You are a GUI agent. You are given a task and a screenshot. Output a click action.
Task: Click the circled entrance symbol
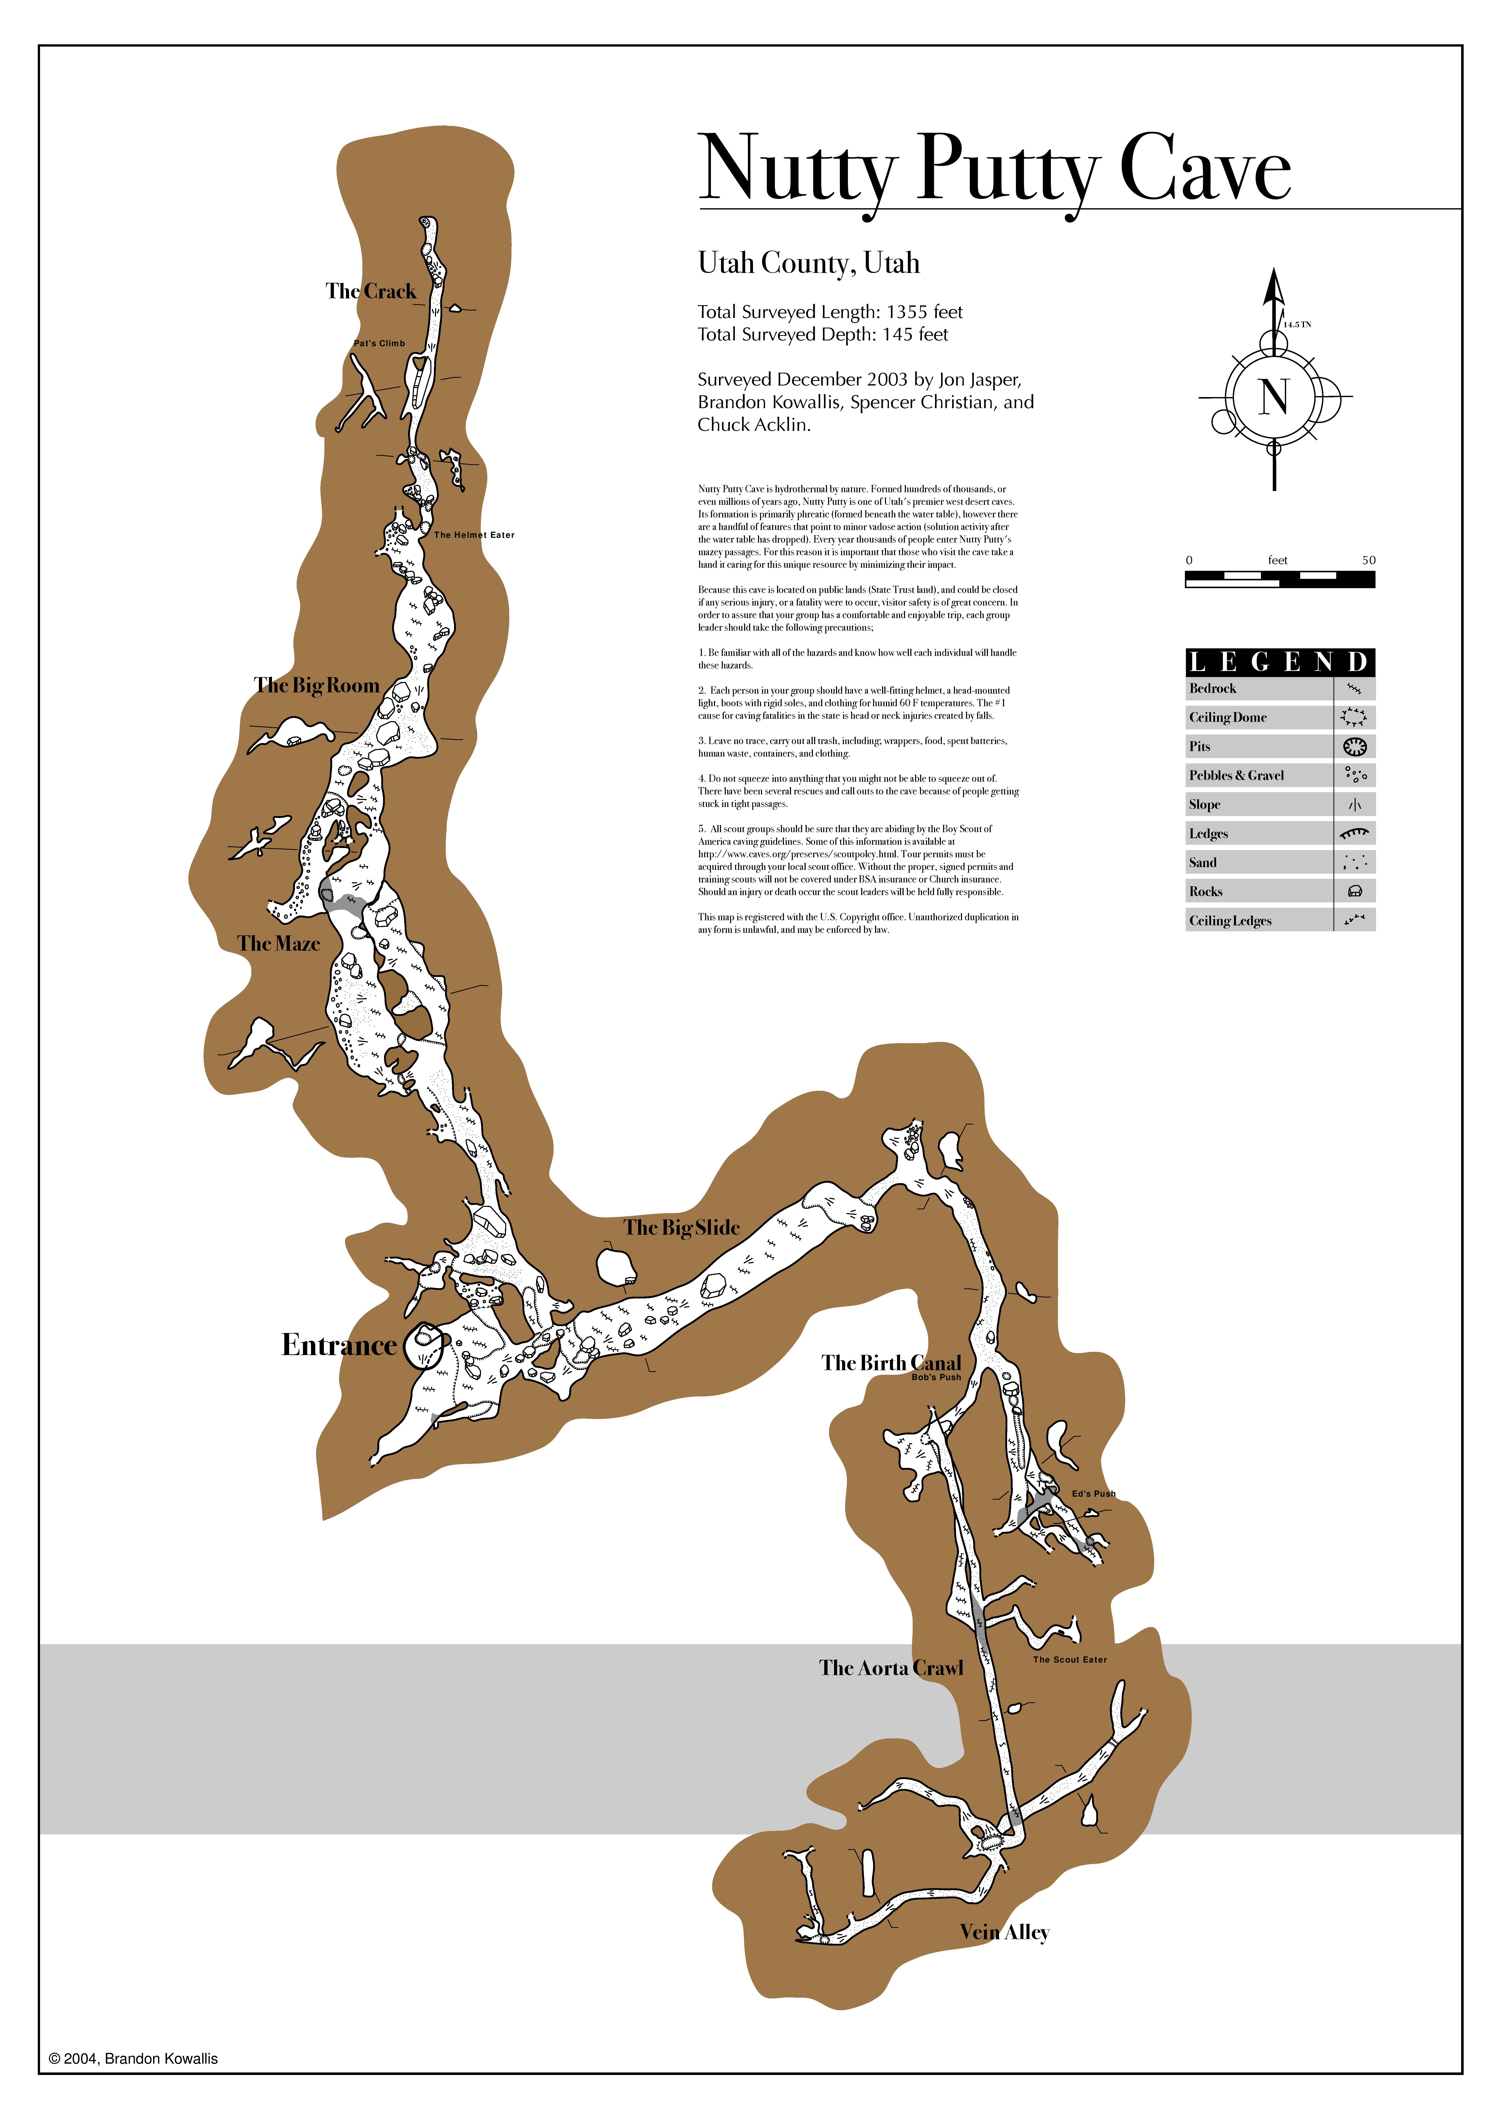(424, 1344)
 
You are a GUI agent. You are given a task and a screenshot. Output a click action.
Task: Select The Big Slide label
(682, 1228)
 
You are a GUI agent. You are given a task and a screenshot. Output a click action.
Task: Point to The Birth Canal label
(891, 1363)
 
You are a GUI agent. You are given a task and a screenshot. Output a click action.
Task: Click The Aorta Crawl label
(891, 1668)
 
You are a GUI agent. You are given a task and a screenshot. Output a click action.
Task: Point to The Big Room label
(316, 685)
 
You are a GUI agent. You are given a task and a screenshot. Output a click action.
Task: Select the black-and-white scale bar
(1279, 579)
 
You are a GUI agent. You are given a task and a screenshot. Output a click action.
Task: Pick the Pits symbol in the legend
(1355, 746)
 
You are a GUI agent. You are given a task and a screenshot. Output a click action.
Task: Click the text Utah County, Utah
(809, 263)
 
